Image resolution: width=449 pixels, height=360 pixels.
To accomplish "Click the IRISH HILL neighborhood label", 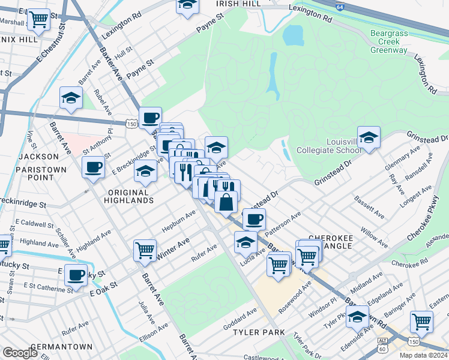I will click(x=238, y=4).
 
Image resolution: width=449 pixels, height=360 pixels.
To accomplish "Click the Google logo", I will click(x=20, y=352).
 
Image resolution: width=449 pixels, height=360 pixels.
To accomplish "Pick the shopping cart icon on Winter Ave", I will click(x=145, y=251).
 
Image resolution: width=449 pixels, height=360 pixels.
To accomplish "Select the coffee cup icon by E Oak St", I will click(x=76, y=275).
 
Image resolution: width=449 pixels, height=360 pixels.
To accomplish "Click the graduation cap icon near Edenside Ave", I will click(x=358, y=318).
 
